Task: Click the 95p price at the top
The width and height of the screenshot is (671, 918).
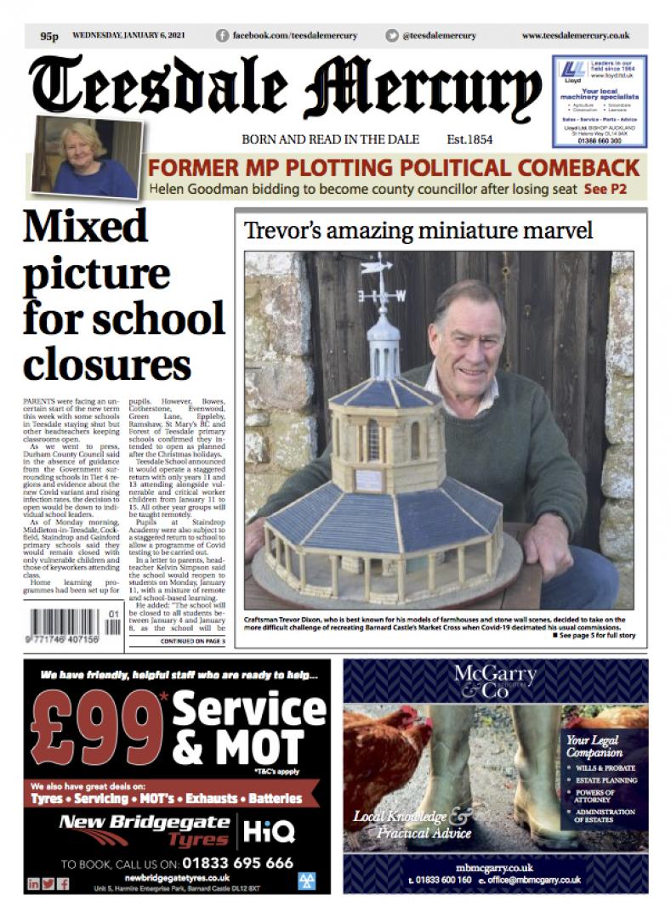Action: tap(48, 37)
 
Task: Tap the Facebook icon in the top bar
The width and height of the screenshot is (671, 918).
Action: tap(223, 36)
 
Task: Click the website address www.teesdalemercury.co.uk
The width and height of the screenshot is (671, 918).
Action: tap(575, 36)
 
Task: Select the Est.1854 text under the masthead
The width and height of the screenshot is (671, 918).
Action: tap(469, 140)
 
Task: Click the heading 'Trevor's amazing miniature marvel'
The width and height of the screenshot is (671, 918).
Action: tap(418, 230)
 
